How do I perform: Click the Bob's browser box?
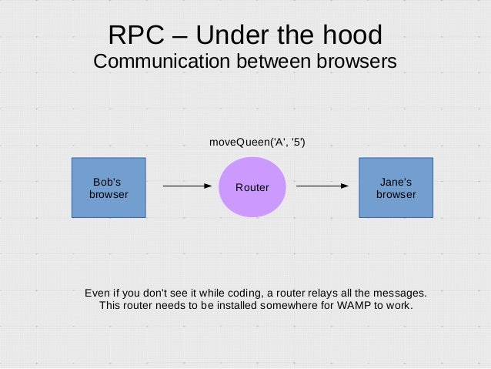pos(109,187)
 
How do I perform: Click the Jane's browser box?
pos(396,187)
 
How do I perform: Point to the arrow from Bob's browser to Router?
pos(186,186)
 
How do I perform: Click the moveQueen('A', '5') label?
pos(257,142)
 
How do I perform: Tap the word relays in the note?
pos(322,293)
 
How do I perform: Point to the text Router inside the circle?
pos(252,188)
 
